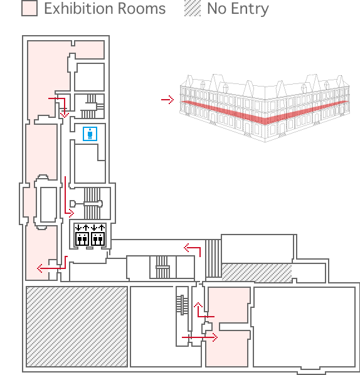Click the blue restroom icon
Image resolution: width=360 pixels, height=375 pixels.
pos(90,134)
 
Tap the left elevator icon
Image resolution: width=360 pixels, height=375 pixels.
pos(82,235)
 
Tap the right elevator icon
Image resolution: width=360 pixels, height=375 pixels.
pos(98,235)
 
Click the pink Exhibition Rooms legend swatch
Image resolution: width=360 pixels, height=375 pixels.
pos(29,8)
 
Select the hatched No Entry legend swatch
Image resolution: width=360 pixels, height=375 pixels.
pos(193,8)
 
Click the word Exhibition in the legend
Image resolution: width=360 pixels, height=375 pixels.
pos(78,9)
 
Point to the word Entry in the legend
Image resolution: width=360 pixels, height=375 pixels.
pos(250,9)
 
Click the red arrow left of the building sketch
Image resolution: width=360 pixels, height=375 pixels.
pos(167,100)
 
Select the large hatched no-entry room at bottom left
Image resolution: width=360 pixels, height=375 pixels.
pos(77,327)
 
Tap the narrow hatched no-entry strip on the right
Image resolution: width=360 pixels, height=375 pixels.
pos(257,273)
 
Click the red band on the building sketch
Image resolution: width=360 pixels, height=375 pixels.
pos(264,114)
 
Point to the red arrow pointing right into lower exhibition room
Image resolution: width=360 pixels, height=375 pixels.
pos(199,337)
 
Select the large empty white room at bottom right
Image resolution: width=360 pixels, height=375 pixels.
pos(304,327)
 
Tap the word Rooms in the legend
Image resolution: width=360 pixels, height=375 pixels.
pos(142,9)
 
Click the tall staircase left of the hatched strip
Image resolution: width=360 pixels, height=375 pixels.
pos(213,258)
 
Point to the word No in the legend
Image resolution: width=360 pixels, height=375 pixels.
pos(217,9)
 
